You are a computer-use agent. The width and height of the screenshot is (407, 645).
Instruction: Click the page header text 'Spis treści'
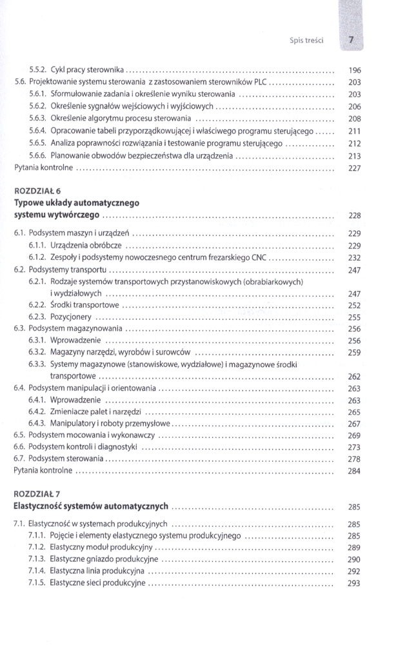click(x=306, y=40)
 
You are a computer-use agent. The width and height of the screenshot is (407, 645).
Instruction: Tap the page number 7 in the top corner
click(x=352, y=40)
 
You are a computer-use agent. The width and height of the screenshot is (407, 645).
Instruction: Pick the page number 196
click(x=354, y=70)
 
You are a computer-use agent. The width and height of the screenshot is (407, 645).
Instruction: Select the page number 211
click(x=354, y=131)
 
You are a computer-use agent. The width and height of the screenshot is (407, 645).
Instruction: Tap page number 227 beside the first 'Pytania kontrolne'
click(x=354, y=168)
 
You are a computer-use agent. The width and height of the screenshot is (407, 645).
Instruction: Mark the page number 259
click(x=354, y=353)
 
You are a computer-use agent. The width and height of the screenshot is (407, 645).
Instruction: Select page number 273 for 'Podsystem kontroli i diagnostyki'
click(x=354, y=447)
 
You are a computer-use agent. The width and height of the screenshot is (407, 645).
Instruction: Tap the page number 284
click(x=354, y=471)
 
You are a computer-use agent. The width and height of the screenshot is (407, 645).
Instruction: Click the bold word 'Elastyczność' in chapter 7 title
click(x=41, y=506)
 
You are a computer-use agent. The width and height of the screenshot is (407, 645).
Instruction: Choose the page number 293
click(x=354, y=584)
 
